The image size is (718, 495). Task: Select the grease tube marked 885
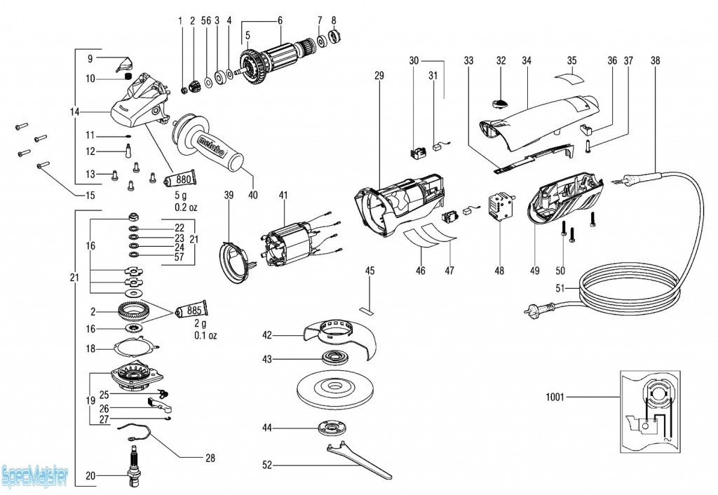(194, 308)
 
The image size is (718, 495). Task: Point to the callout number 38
(655, 61)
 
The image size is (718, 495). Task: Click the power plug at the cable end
(540, 306)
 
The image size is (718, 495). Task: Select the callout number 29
(379, 75)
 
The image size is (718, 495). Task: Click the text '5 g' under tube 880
(181, 196)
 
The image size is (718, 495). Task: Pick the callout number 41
(283, 194)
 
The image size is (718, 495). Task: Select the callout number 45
(370, 271)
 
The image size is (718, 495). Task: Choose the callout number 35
(572, 61)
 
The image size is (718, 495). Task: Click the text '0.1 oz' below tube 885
(206, 336)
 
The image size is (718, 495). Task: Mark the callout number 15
(90, 194)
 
